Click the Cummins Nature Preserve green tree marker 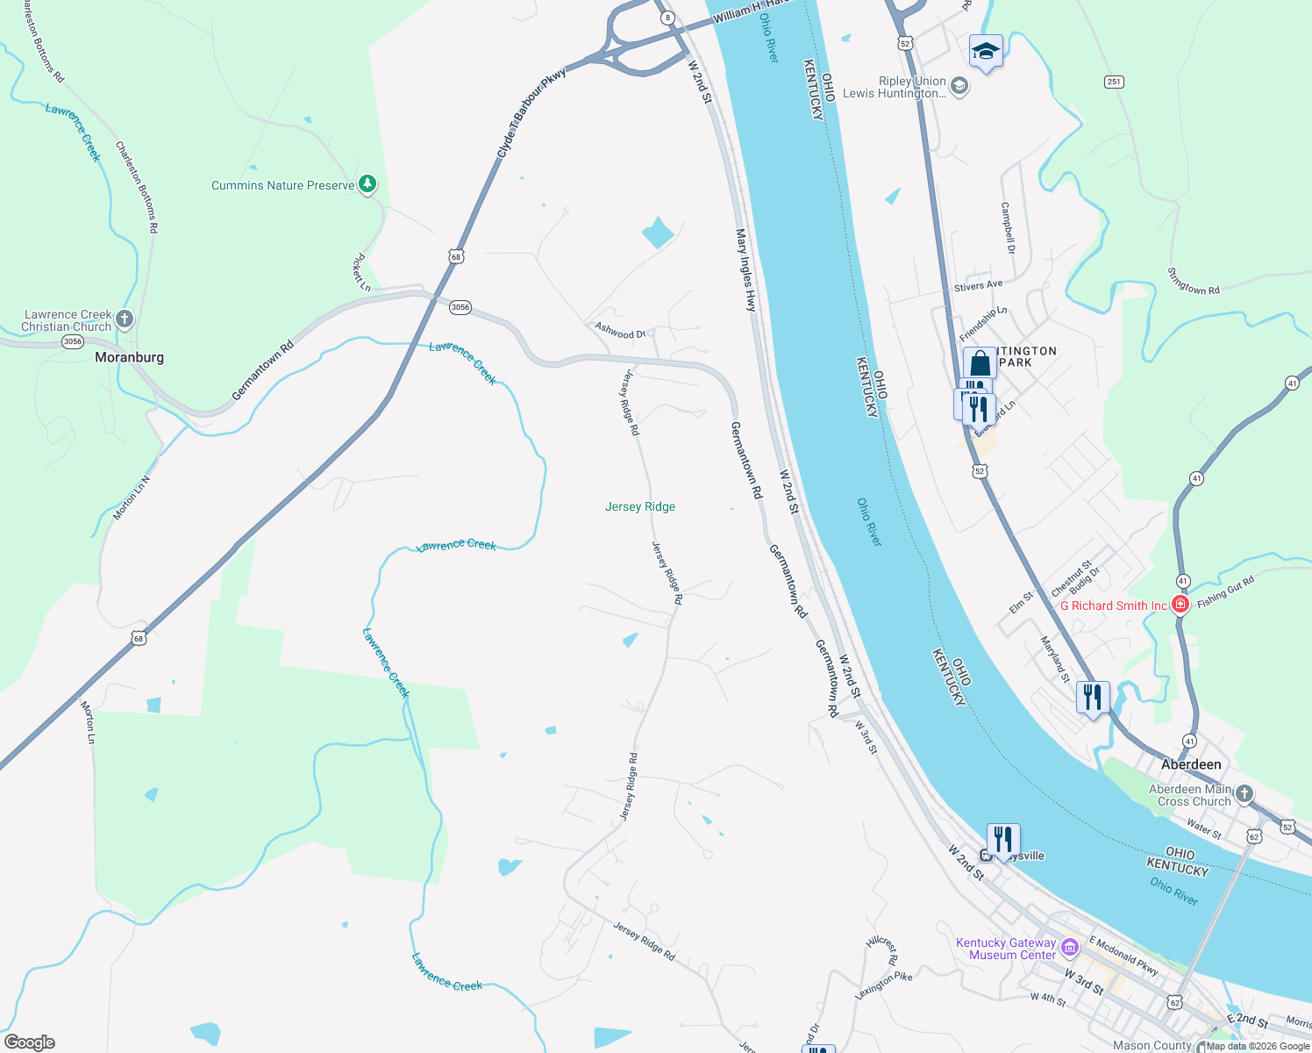[368, 184]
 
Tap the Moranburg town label [129, 357]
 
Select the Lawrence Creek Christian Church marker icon [125, 319]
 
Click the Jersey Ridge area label [640, 506]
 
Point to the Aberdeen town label [1191, 764]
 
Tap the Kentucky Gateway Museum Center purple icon [1069, 947]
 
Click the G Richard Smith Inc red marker [1180, 604]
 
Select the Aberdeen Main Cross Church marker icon [1244, 793]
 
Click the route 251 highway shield [1114, 82]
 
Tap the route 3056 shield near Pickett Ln [460, 307]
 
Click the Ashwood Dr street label [620, 331]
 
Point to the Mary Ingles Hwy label [745, 270]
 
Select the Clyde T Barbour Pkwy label [531, 113]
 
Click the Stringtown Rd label [1194, 282]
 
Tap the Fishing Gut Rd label [1225, 591]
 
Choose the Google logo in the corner [29, 1042]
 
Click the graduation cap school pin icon [986, 52]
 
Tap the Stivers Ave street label [978, 286]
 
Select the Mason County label [1152, 1045]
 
